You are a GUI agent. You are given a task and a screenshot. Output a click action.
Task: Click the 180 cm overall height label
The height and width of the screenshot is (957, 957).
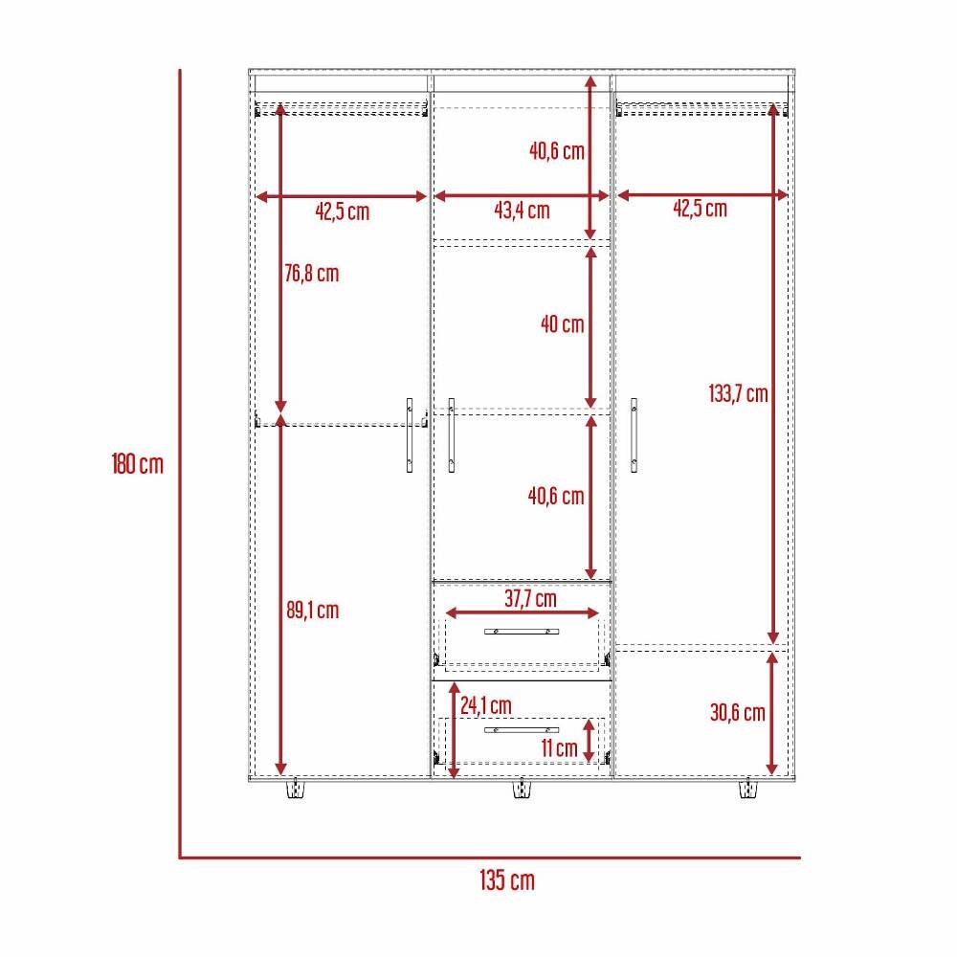pyautogui.click(x=137, y=465)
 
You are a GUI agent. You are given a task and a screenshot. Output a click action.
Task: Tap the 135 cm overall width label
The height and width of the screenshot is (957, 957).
pyautogui.click(x=507, y=880)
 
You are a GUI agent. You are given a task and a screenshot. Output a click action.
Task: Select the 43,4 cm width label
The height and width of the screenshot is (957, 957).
pyautogui.click(x=522, y=211)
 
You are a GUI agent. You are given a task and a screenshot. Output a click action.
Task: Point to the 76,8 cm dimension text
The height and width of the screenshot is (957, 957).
pyautogui.click(x=312, y=274)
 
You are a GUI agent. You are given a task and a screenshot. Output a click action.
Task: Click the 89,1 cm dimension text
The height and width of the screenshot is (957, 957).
pyautogui.click(x=312, y=610)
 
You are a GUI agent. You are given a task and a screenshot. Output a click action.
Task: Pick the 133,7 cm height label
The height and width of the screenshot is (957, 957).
pyautogui.click(x=739, y=393)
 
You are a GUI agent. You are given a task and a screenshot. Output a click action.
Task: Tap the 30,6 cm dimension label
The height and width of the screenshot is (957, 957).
pyautogui.click(x=738, y=712)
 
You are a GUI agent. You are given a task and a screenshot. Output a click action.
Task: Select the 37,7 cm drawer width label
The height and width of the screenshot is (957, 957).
pyautogui.click(x=530, y=599)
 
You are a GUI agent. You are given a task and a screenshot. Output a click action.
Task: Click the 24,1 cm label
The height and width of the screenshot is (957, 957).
pyautogui.click(x=485, y=705)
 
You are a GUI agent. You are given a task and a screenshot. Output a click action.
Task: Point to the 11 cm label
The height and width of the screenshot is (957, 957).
pyautogui.click(x=559, y=748)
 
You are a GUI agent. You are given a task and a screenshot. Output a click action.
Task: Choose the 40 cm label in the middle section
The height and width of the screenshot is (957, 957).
pyautogui.click(x=562, y=324)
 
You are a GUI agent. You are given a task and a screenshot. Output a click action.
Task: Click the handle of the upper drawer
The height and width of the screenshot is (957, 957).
pyautogui.click(x=523, y=632)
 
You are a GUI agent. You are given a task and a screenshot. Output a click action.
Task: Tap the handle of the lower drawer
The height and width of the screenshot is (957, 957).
pyautogui.click(x=522, y=730)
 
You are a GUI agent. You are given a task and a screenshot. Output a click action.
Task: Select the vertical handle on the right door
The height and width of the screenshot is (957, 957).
pyautogui.click(x=634, y=435)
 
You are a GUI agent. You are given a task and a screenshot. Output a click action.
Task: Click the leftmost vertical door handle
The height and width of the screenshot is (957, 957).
pyautogui.click(x=410, y=435)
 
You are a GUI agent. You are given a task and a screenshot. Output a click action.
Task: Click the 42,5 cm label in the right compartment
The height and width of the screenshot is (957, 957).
pyautogui.click(x=699, y=209)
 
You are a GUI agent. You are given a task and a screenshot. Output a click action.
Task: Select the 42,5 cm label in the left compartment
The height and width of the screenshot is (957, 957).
pyautogui.click(x=343, y=211)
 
